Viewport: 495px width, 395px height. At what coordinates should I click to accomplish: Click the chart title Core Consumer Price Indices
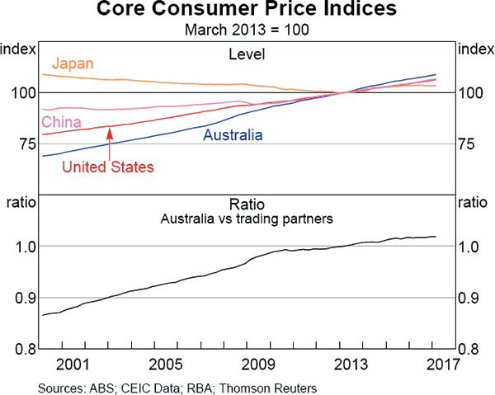(x=247, y=12)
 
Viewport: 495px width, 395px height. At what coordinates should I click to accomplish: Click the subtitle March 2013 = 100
(x=247, y=31)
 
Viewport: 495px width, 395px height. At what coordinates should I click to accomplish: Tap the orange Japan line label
(x=73, y=63)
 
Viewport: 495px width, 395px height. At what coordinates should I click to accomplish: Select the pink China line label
(x=59, y=124)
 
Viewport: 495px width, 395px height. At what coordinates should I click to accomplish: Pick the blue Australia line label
(x=233, y=134)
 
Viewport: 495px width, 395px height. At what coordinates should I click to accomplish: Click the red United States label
(x=109, y=167)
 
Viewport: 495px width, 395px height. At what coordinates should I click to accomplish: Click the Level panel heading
(x=247, y=54)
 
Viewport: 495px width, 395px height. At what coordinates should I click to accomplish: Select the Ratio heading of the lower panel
(x=247, y=204)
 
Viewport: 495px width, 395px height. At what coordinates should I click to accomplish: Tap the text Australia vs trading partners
(x=247, y=219)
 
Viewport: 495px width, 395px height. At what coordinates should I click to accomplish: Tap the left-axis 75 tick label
(x=21, y=143)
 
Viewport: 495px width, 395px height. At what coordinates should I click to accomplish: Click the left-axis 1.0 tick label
(x=21, y=247)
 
